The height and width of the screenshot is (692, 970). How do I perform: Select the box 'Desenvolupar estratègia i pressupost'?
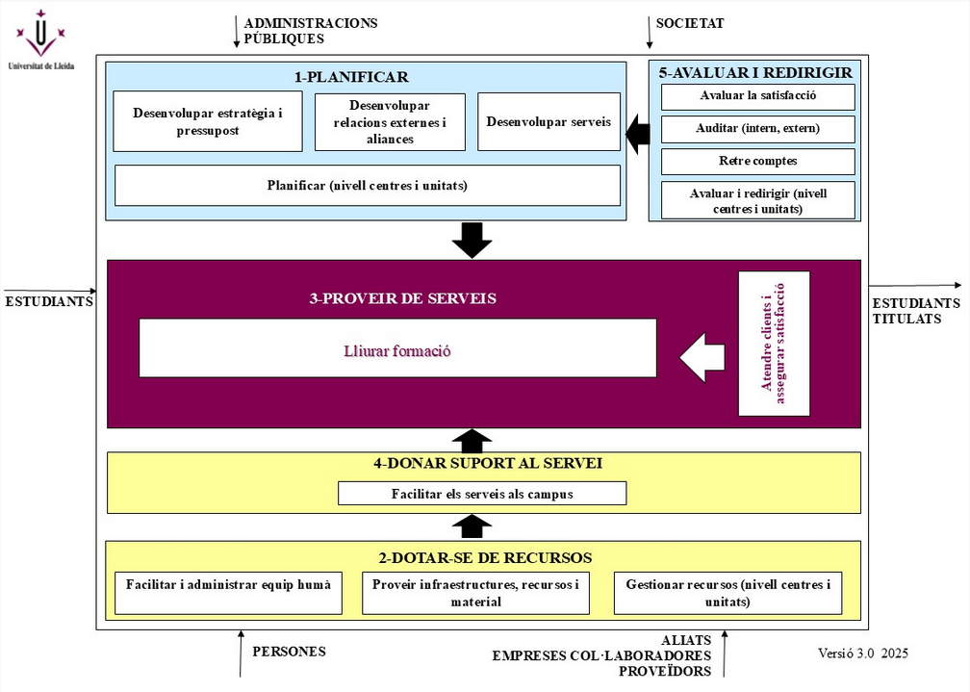(x=208, y=121)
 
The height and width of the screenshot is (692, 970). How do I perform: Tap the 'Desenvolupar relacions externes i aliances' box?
(x=390, y=122)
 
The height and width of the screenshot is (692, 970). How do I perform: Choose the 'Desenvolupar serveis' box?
(x=549, y=122)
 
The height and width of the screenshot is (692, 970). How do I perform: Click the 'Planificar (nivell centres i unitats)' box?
(x=367, y=185)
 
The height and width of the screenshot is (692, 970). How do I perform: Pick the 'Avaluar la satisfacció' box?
(x=758, y=96)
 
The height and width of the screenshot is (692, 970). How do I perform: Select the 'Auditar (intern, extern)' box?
(x=758, y=129)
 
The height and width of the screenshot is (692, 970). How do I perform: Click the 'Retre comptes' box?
(x=758, y=161)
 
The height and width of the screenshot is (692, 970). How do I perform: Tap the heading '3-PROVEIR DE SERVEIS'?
(x=402, y=298)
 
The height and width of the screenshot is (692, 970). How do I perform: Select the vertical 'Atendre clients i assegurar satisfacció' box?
(x=774, y=344)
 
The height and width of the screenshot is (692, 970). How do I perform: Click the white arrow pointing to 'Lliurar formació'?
(x=702, y=357)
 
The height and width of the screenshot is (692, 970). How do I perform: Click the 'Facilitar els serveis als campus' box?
(x=482, y=494)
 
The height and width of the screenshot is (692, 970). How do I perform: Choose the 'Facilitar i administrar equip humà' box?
(x=228, y=593)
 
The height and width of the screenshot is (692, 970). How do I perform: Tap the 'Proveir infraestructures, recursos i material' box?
(x=475, y=593)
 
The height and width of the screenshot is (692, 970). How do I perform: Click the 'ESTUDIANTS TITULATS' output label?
(x=915, y=311)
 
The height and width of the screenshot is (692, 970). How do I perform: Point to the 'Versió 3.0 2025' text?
(x=862, y=654)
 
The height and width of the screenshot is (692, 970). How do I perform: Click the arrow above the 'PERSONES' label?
(x=240, y=654)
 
